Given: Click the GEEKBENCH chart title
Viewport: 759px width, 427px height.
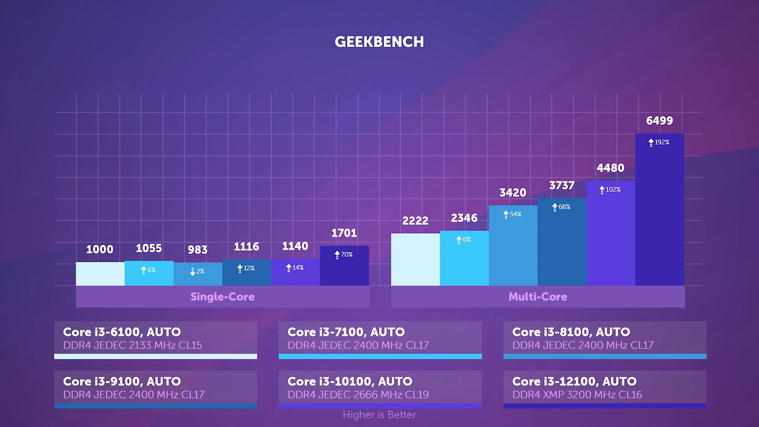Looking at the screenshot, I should (379, 42).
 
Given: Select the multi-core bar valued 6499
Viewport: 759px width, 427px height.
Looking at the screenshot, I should (659, 213).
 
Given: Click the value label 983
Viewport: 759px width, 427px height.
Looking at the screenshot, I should (197, 250).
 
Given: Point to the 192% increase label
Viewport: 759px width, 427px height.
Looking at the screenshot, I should (659, 142).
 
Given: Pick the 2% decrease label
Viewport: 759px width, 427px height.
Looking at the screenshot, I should (197, 271).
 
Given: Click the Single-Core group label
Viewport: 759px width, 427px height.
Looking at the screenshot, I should (222, 297).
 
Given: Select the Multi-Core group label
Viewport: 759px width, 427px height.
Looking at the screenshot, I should (537, 297).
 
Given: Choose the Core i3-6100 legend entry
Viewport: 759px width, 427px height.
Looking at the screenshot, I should (156, 339).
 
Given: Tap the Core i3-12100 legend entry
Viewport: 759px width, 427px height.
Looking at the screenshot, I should (605, 388).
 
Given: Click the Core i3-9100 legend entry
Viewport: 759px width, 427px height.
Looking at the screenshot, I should (156, 388).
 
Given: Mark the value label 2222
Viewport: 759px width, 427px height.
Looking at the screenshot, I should (415, 221).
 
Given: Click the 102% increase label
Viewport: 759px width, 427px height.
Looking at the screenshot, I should (610, 189).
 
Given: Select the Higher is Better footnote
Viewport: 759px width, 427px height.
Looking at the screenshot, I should (379, 415).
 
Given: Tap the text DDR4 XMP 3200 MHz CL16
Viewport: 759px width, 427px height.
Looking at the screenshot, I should (577, 395).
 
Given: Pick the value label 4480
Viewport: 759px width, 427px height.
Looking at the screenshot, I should (610, 168).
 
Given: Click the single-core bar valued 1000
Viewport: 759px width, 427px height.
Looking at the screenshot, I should (100, 274).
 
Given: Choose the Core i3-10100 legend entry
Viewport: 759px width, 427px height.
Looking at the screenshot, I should (380, 388).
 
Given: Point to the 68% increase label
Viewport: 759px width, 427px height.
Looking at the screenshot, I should (561, 207).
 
